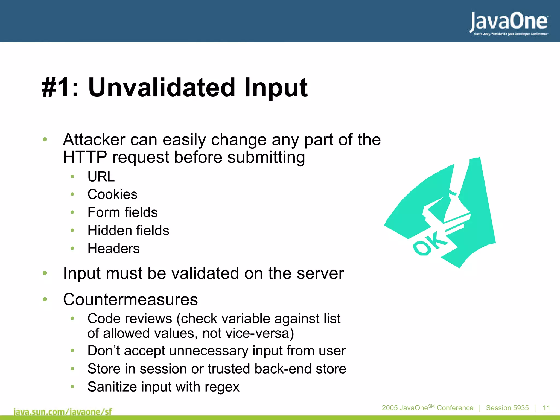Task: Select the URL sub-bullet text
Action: click(x=101, y=177)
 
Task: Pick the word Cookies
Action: click(x=112, y=194)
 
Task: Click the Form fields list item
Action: click(x=122, y=212)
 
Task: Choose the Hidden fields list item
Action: click(x=128, y=231)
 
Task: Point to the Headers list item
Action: click(x=113, y=249)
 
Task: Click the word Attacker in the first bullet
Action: click(x=94, y=140)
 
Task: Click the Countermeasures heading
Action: click(x=130, y=299)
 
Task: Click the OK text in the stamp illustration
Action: click(x=429, y=243)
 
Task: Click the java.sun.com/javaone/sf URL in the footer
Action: click(x=63, y=412)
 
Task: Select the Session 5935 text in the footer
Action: click(x=507, y=408)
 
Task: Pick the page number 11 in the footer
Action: click(x=546, y=408)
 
